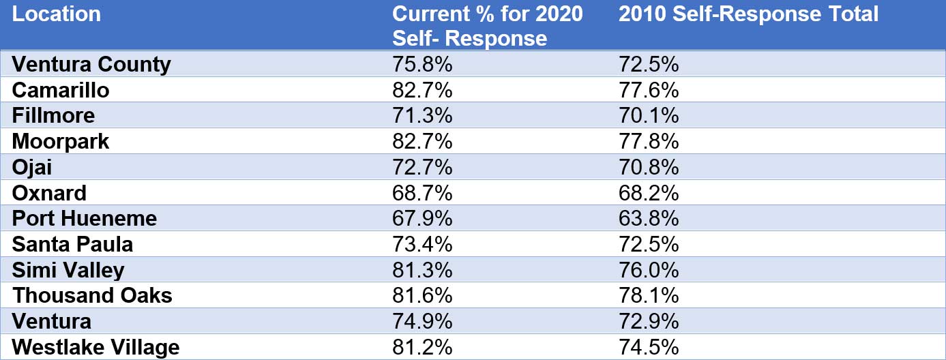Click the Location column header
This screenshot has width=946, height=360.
(57, 14)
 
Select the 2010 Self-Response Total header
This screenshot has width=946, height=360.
(748, 14)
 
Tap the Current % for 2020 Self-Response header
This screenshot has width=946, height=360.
(488, 25)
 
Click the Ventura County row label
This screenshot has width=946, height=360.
(91, 64)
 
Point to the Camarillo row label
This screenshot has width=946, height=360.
(61, 90)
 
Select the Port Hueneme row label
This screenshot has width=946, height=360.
(85, 218)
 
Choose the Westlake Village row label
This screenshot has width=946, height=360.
(96, 347)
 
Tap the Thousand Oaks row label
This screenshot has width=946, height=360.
(92, 295)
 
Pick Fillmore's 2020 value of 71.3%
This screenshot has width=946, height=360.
(422, 115)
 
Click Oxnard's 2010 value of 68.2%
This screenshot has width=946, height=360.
(649, 193)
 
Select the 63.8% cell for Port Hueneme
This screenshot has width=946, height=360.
(649, 218)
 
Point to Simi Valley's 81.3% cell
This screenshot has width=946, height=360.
(422, 270)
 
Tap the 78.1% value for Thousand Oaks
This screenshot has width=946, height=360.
(649, 295)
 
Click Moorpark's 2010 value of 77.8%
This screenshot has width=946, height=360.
(649, 141)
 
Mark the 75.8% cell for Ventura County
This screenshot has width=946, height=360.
(422, 64)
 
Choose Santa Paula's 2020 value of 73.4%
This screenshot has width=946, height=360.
(422, 244)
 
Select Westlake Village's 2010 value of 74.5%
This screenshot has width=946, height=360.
(649, 347)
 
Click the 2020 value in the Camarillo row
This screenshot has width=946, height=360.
(422, 90)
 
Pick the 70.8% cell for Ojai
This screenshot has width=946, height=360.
(649, 167)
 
